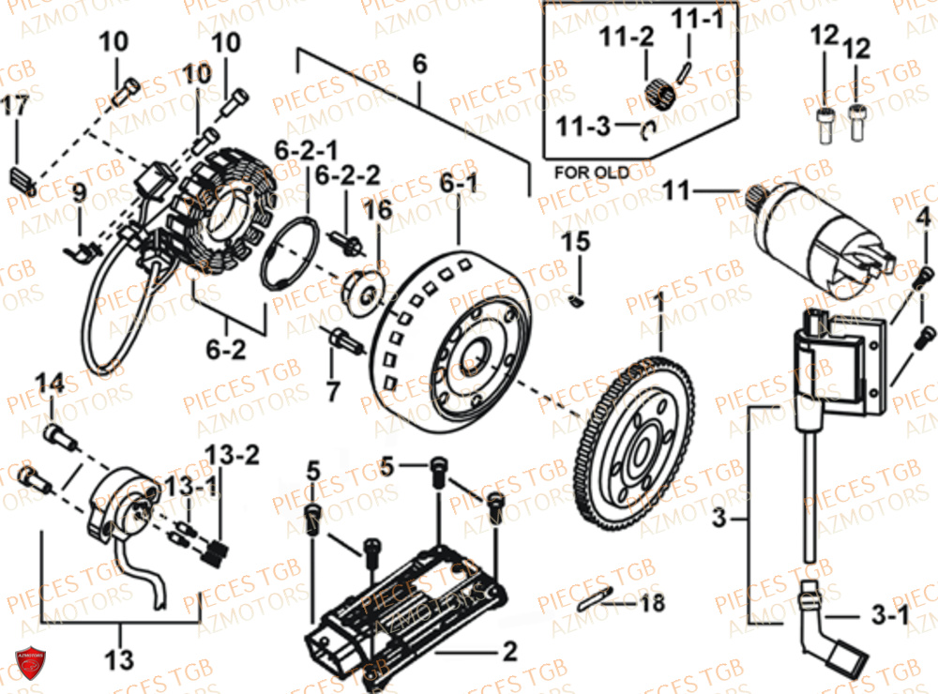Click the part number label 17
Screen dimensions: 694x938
pyautogui.click(x=16, y=107)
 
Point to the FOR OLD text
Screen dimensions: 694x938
pyautogui.click(x=592, y=173)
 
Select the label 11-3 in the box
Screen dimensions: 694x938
pyautogui.click(x=582, y=125)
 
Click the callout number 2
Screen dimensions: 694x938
pyautogui.click(x=509, y=649)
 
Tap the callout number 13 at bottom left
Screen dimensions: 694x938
pyautogui.click(x=120, y=660)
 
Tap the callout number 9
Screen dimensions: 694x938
pyautogui.click(x=79, y=194)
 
